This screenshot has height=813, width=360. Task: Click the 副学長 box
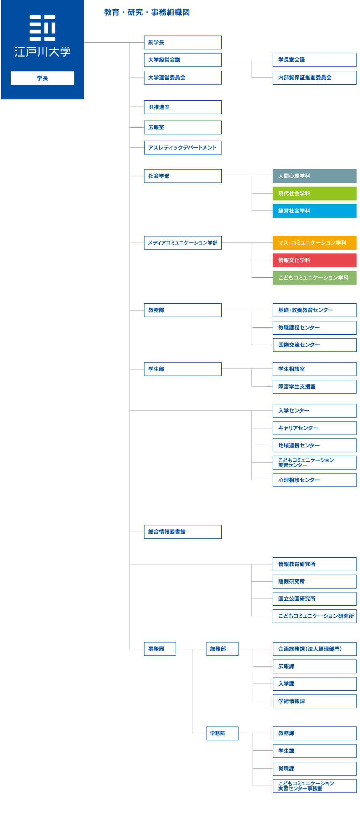(183, 42)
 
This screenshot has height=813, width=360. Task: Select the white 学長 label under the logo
(42, 78)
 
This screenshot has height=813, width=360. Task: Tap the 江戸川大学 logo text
(42, 52)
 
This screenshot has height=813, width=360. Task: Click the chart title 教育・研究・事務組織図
(147, 12)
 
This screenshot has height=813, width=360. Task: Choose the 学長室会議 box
(314, 60)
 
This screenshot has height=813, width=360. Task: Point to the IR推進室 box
(183, 107)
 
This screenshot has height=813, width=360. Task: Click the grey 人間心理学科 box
(314, 176)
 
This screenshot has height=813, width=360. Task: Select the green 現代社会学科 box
(314, 193)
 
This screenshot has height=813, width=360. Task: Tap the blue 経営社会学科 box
(314, 211)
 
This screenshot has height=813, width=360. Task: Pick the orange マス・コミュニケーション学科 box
(314, 243)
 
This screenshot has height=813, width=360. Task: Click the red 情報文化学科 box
(314, 260)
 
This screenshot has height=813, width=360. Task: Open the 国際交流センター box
(314, 345)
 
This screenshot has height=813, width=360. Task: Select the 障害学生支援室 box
(314, 387)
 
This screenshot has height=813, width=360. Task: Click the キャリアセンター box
(314, 428)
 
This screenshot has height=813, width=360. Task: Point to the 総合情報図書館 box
(183, 532)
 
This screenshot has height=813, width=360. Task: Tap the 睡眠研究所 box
(314, 581)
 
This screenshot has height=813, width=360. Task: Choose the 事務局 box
(160, 649)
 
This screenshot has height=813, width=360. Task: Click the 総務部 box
(222, 649)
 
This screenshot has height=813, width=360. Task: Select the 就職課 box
(314, 769)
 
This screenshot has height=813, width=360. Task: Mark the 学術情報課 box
(314, 701)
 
